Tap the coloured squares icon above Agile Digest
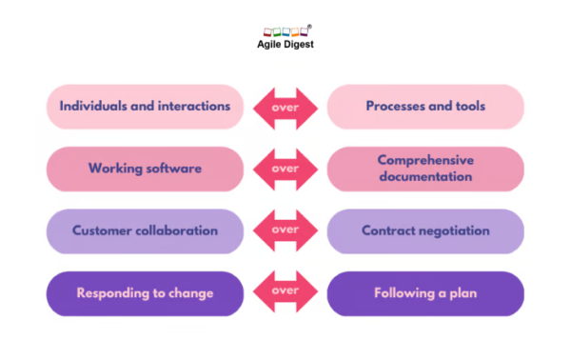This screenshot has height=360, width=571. [x=286, y=31]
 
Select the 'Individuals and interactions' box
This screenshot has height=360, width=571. [x=145, y=107]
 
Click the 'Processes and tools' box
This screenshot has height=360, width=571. [x=425, y=107]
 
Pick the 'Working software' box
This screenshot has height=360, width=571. [x=145, y=169]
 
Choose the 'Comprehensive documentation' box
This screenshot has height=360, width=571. [x=425, y=169]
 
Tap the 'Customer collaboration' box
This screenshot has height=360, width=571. [x=145, y=231]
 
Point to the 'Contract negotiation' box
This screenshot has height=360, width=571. [x=425, y=231]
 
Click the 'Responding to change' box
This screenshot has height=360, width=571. [x=145, y=293]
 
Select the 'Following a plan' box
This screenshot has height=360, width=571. [x=425, y=293]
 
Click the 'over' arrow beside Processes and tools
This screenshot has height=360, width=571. [x=285, y=107]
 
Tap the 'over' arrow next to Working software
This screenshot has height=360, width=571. [x=285, y=169]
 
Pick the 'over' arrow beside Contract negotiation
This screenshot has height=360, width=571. [x=285, y=231]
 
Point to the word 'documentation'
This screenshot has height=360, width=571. [x=425, y=177]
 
